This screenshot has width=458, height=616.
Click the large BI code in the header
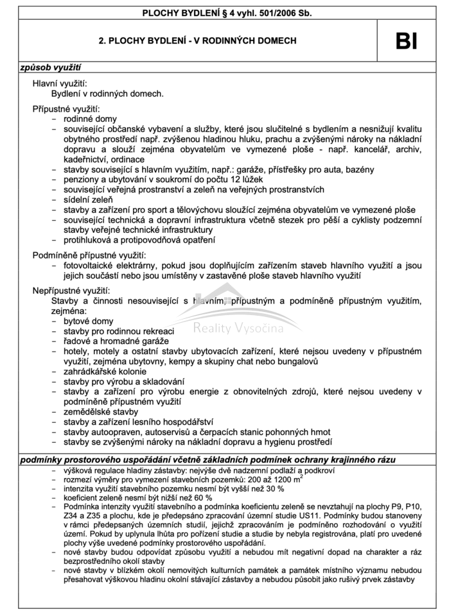tap(407, 41)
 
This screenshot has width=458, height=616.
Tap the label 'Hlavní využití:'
tap(60, 83)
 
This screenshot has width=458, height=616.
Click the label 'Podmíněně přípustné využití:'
tap(89, 255)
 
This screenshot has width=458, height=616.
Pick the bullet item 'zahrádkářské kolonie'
tap(105, 372)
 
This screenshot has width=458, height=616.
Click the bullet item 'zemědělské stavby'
tap(100, 411)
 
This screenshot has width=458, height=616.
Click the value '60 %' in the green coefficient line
tap(202, 497)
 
